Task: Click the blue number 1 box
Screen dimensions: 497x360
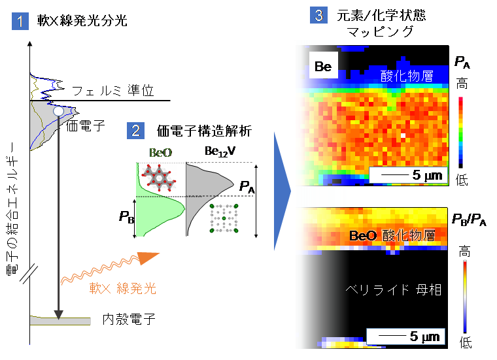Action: tap(20, 21)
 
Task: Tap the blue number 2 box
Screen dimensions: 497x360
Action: tap(135, 131)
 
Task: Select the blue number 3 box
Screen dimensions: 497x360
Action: tap(318, 15)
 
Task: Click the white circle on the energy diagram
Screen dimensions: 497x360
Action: tap(58, 111)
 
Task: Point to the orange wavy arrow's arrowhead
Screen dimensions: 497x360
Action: tap(148, 257)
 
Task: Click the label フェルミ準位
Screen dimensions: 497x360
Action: tap(113, 91)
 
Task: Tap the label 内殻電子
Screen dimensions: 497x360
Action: tap(129, 319)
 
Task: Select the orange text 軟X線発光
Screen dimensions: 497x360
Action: tap(123, 288)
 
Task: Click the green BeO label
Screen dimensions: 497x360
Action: tap(160, 153)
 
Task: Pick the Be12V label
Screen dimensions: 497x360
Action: tap(220, 152)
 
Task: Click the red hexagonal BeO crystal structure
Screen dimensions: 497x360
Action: tap(158, 178)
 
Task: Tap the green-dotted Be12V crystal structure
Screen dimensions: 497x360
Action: tap(224, 218)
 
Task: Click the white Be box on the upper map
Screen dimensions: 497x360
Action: tap(323, 65)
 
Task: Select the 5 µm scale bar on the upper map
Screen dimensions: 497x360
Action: tap(408, 175)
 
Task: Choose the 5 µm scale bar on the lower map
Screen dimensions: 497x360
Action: tap(405, 336)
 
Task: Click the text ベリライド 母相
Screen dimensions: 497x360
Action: tap(393, 289)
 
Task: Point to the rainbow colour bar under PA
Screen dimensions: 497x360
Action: tap(460, 133)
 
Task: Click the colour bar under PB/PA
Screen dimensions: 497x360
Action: tap(465, 297)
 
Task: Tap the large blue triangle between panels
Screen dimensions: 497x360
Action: tap(281, 191)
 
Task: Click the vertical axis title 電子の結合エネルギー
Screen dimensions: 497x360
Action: tap(12, 209)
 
